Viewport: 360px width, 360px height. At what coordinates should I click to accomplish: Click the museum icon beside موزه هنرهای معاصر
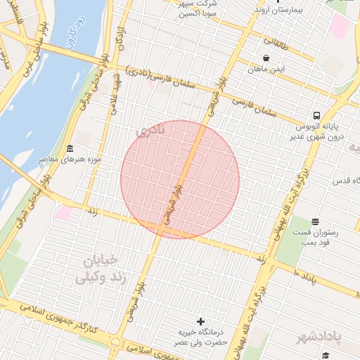[x=70, y=149]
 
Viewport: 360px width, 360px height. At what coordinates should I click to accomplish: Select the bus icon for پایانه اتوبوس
[x=317, y=115]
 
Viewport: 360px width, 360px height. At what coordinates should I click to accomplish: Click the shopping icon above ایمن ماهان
[x=266, y=58]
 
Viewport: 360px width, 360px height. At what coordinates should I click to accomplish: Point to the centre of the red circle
[x=180, y=179]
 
